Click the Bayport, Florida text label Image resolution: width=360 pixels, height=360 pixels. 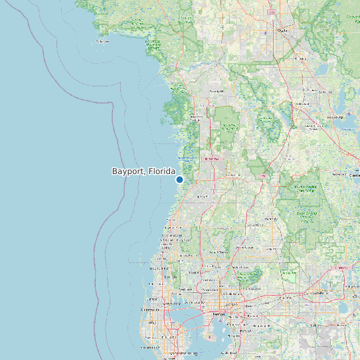pyautogui.click(x=143, y=171)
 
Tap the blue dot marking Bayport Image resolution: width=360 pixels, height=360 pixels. pyautogui.click(x=179, y=179)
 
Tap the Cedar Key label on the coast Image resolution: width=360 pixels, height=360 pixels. pyautogui.click(x=102, y=41)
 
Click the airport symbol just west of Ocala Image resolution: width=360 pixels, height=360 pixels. pyautogui.click(x=266, y=32)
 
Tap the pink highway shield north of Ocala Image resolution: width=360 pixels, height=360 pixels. pyautogui.click(x=271, y=12)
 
